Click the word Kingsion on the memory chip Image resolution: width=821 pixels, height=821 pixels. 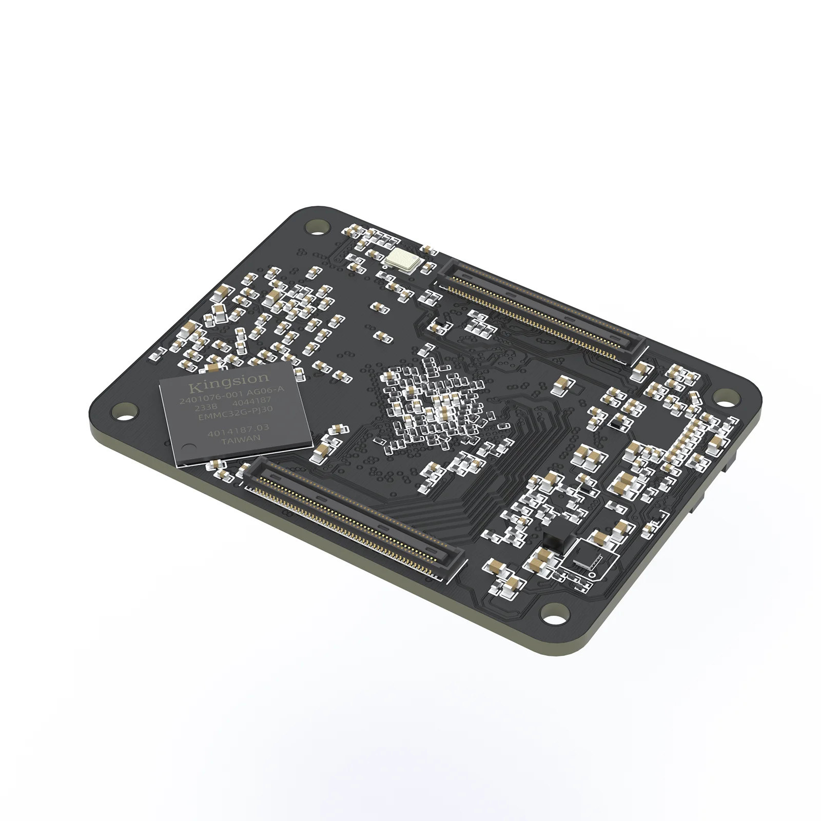(228, 382)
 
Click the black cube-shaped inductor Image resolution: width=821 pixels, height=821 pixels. (553, 541)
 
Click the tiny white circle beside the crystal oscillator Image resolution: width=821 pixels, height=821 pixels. (425, 248)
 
